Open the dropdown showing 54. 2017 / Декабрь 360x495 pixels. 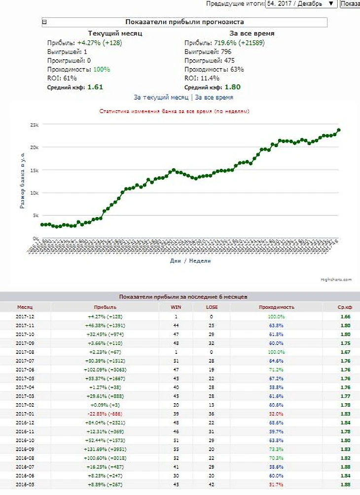[301, 3]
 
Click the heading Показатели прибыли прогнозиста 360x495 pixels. [184, 22]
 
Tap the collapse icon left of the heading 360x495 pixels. [44, 22]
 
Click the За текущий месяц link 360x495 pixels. [161, 98]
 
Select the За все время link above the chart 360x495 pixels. [214, 98]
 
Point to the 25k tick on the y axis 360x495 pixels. [34, 125]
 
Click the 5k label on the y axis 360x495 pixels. [35, 216]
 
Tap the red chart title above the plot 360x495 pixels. [174, 112]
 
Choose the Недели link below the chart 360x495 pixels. [200, 261]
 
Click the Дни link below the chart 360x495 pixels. [174, 261]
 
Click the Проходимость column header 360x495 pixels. [276, 307]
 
